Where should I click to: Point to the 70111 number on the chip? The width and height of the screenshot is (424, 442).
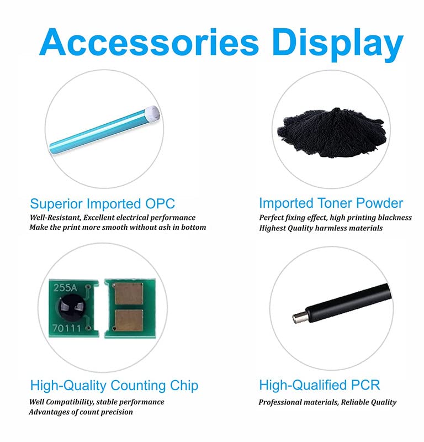(x=67, y=328)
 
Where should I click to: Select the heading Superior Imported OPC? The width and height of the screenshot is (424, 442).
(x=102, y=203)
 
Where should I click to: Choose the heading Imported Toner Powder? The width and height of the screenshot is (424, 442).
(x=331, y=203)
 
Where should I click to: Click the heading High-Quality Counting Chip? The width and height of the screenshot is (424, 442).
(x=114, y=385)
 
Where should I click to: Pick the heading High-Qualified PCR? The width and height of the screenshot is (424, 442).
(x=320, y=385)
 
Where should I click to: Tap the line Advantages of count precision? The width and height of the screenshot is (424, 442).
(x=81, y=412)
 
